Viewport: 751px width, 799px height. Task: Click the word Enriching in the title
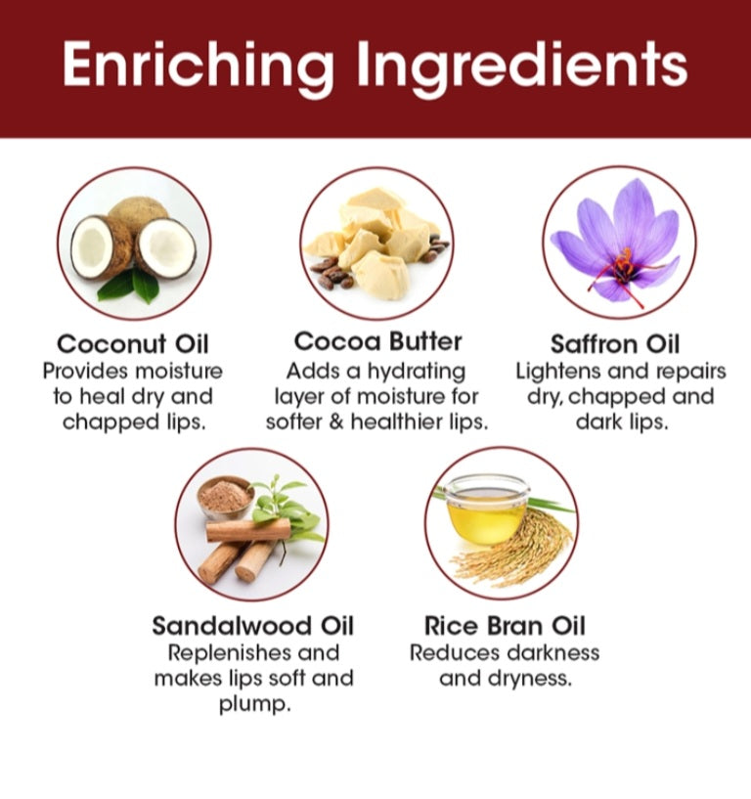[199, 66]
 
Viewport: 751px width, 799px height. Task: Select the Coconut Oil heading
[133, 344]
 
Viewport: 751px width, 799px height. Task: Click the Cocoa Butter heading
[377, 341]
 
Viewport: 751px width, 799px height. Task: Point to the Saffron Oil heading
[615, 344]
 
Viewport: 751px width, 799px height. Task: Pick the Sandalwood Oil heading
[252, 626]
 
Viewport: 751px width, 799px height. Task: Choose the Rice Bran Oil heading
[505, 626]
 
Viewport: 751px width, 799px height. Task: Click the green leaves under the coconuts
[129, 287]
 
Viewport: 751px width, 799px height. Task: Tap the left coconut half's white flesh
[92, 246]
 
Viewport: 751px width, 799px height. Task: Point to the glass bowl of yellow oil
[485, 510]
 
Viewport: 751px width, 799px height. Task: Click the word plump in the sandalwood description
[255, 705]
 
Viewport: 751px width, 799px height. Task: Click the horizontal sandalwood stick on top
[248, 531]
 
